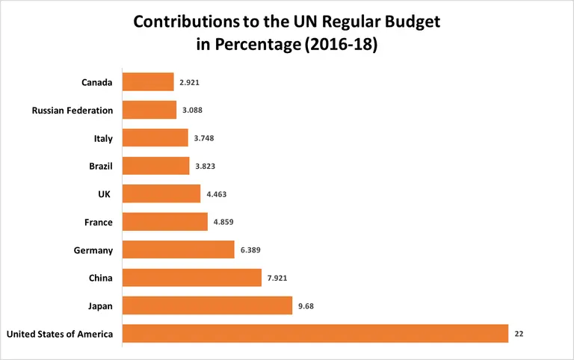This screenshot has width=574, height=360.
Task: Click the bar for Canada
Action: [x=147, y=82]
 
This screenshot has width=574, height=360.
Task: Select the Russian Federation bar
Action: [x=149, y=110]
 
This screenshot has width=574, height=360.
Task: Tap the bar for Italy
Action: [x=155, y=138]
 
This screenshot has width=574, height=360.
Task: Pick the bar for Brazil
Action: [x=155, y=166]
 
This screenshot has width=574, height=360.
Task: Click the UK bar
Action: [x=161, y=194]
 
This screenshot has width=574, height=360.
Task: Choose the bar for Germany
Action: [x=178, y=250]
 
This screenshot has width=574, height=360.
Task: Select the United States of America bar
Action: [x=315, y=334]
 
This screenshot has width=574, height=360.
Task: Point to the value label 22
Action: [x=519, y=334]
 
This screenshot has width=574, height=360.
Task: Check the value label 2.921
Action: [x=190, y=82]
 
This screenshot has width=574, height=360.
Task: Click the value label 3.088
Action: [x=192, y=110]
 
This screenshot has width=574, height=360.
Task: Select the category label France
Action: [x=99, y=222]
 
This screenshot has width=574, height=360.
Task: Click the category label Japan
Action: [x=100, y=306]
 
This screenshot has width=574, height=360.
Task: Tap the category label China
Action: [x=100, y=278]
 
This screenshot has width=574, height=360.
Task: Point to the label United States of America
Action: [x=60, y=334]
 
